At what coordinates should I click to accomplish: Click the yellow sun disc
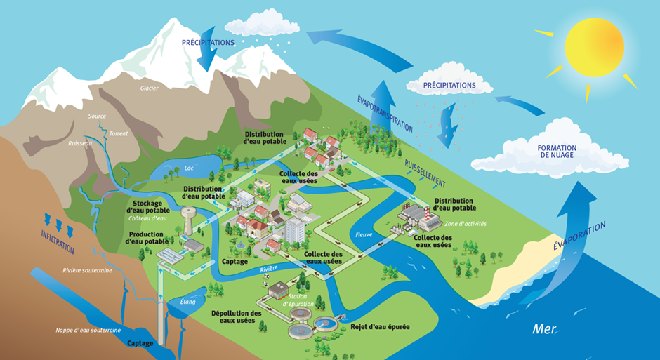pos(594,47)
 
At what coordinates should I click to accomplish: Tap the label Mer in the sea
pos(544,328)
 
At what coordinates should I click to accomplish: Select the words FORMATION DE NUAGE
pos(557,152)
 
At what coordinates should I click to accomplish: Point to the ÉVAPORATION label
pos(579,236)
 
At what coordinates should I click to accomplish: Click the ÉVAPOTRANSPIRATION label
pos(385,113)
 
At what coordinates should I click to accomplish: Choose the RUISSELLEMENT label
pos(425,173)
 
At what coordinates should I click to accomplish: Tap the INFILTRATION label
pos(58,242)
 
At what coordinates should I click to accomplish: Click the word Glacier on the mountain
pos(150,88)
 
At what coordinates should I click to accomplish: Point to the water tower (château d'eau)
pos(187,220)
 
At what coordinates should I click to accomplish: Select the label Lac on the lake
pos(189,168)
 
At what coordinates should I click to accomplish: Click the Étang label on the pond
pos(187,302)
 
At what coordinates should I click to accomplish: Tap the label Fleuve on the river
pos(364,234)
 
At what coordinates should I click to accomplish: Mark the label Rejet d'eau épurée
pos(380,327)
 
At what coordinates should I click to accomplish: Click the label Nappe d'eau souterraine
pos(88,330)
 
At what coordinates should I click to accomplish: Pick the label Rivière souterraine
pos(88,270)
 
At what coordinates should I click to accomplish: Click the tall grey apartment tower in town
pos(295,230)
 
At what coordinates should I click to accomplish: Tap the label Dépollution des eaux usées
pos(236,316)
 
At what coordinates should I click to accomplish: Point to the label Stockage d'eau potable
pos(148,207)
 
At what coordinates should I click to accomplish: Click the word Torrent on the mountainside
pos(119,134)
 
